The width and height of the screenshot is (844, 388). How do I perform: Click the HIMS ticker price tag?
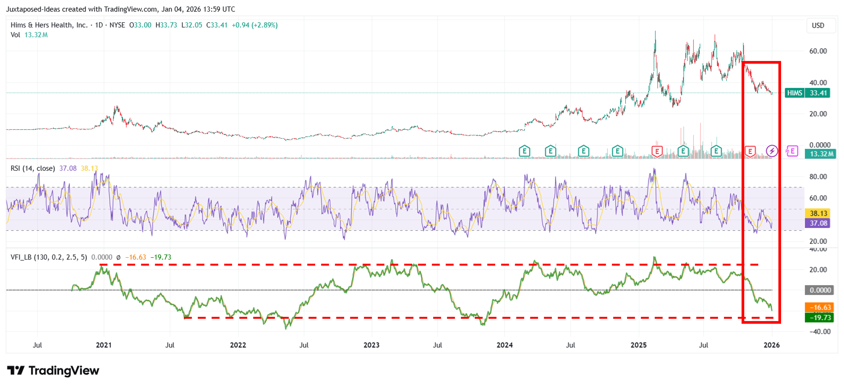(807, 93)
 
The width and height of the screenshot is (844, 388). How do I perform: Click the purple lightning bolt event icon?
(772, 151)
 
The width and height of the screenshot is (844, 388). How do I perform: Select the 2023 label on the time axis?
(372, 345)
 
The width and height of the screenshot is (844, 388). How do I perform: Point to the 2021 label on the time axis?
(104, 345)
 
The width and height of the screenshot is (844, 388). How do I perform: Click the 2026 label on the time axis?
(772, 345)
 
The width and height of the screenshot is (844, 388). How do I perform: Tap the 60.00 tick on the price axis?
(818, 51)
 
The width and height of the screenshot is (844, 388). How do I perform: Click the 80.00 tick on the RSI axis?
(818, 177)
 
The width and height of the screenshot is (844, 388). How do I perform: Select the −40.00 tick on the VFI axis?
(820, 332)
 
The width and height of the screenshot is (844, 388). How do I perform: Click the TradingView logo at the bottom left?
(53, 371)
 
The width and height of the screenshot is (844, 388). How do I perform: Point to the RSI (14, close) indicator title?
(33, 168)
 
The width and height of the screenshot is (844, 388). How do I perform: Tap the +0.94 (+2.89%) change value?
(255, 25)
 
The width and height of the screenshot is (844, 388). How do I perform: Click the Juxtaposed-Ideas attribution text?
(121, 9)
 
